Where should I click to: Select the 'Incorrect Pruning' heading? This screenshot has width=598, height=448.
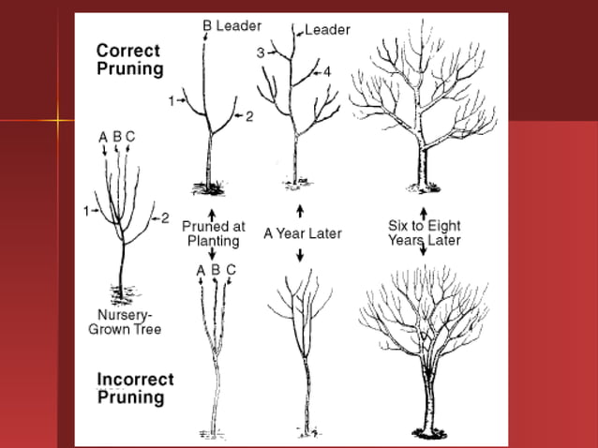coord(136,388)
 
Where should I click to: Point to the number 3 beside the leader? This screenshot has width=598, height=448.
coord(261,52)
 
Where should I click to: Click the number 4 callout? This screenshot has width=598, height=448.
coord(327,71)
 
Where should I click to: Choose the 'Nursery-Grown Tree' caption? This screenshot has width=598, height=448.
coord(125,321)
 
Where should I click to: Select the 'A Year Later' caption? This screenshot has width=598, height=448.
coord(303,233)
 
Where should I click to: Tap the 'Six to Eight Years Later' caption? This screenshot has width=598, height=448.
coord(424,233)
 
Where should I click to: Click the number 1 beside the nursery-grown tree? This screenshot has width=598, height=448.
coord(85,211)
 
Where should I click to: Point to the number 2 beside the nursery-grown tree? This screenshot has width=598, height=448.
coord(164,218)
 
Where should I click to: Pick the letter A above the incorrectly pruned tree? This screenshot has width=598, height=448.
coord(200,270)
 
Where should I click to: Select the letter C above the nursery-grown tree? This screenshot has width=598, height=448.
coord(130,137)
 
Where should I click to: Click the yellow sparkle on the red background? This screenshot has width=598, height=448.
coord(59,120)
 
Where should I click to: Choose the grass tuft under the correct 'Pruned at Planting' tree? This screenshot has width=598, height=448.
coord(209,182)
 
